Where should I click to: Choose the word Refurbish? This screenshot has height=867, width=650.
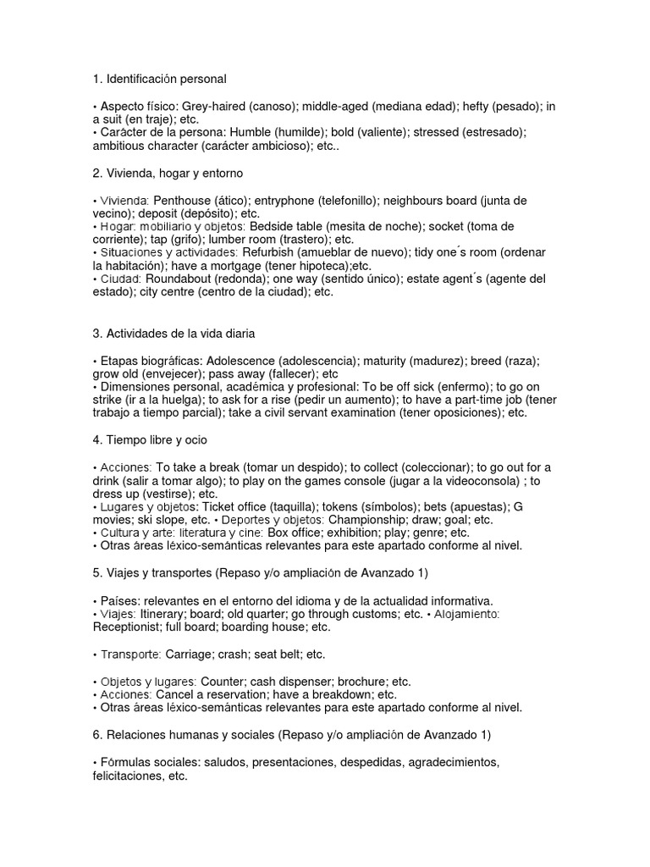tap(271, 253)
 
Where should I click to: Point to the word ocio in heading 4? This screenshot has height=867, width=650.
tap(195, 440)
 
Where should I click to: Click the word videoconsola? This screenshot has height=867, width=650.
tap(473, 481)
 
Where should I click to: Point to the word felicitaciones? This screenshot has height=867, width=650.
tap(128, 775)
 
